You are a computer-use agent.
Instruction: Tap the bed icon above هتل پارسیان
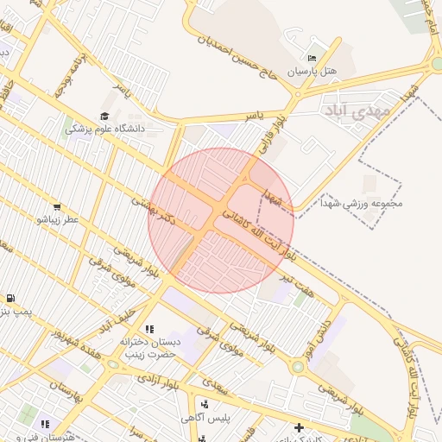pos(312,57)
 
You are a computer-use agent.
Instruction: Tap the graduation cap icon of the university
pos(105,116)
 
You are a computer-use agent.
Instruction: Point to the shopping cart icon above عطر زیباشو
pos(57,207)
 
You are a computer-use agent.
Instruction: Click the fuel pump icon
pos(9,298)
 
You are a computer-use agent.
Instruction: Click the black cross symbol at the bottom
pos(299,427)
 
